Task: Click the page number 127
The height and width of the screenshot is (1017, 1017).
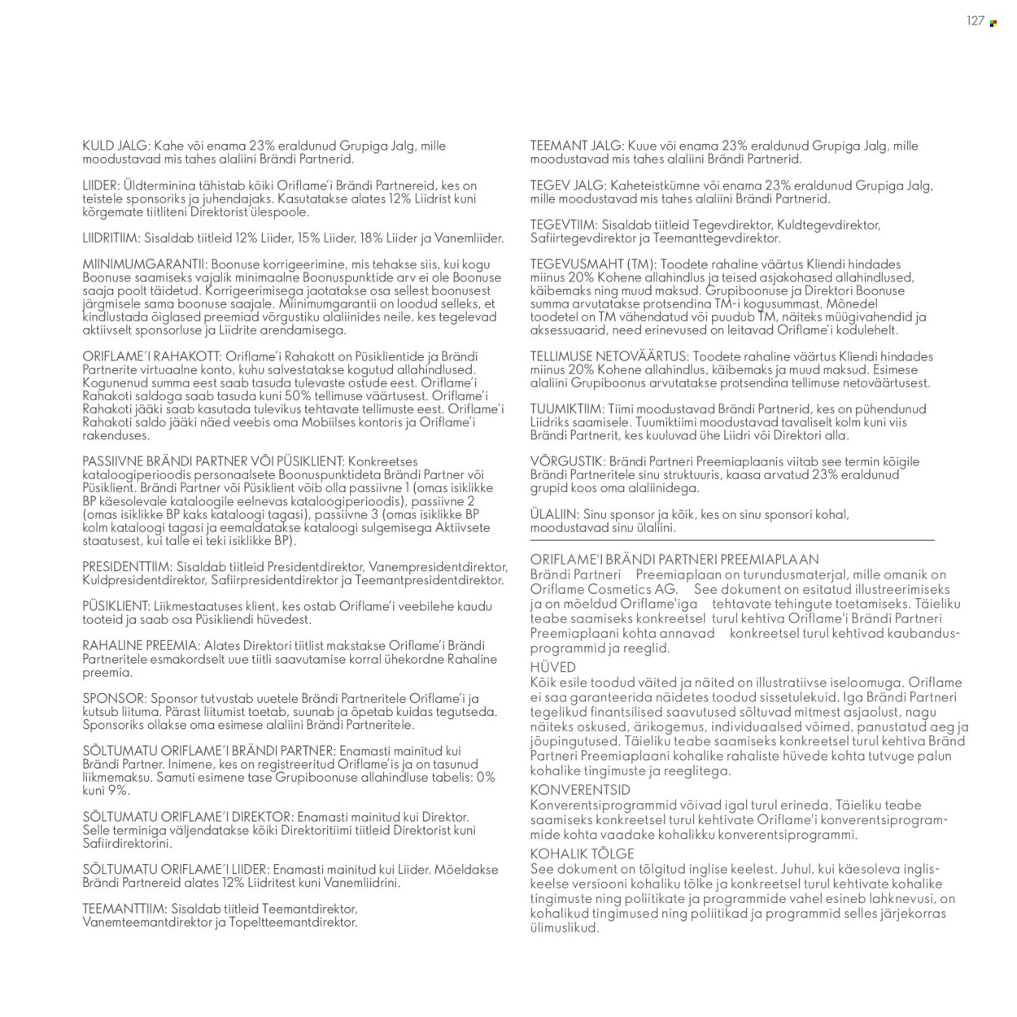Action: [x=975, y=22]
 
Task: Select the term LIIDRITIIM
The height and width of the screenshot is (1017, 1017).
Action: [x=111, y=238]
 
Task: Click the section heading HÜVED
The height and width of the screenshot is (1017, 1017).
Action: [x=552, y=667]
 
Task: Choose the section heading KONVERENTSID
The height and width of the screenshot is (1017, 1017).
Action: [x=579, y=789]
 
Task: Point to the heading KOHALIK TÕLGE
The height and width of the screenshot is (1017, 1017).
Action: [x=582, y=853]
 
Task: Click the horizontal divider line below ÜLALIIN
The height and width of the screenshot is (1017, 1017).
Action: [x=732, y=539]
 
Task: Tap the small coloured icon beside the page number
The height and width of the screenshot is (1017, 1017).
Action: [x=993, y=23]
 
